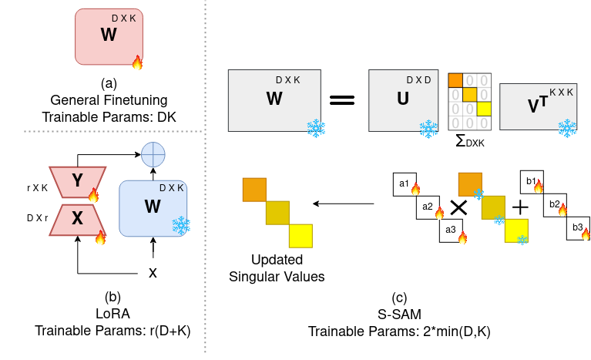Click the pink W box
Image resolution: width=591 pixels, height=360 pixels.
[x=109, y=36]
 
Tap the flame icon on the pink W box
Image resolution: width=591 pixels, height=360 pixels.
[x=137, y=62]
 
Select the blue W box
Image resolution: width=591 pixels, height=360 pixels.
[x=153, y=208]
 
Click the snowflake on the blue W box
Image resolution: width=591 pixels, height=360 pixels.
[x=180, y=225]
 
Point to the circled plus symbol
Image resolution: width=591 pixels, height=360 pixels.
[x=153, y=154]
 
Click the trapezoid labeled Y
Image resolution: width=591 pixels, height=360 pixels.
[x=77, y=181]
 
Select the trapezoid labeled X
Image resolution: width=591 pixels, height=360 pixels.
[x=77, y=219]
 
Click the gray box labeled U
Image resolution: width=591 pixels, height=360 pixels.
[x=403, y=100]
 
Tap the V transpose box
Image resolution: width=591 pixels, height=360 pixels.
[x=538, y=106]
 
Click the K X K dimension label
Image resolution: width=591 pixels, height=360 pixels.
[x=561, y=93]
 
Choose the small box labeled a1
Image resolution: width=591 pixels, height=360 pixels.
[x=405, y=183]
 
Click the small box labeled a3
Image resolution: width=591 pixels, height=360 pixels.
[x=451, y=230]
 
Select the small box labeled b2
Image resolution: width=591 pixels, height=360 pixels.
[x=554, y=204]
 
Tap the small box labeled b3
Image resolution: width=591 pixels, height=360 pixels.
[x=577, y=227]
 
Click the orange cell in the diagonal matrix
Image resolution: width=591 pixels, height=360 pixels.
[x=455, y=80]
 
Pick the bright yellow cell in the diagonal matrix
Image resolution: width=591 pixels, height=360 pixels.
[x=484, y=109]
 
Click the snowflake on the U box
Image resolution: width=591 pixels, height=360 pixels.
[x=428, y=128]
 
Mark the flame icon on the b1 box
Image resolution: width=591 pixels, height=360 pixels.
[x=538, y=186]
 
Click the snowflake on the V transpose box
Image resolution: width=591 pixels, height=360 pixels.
[x=567, y=128]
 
